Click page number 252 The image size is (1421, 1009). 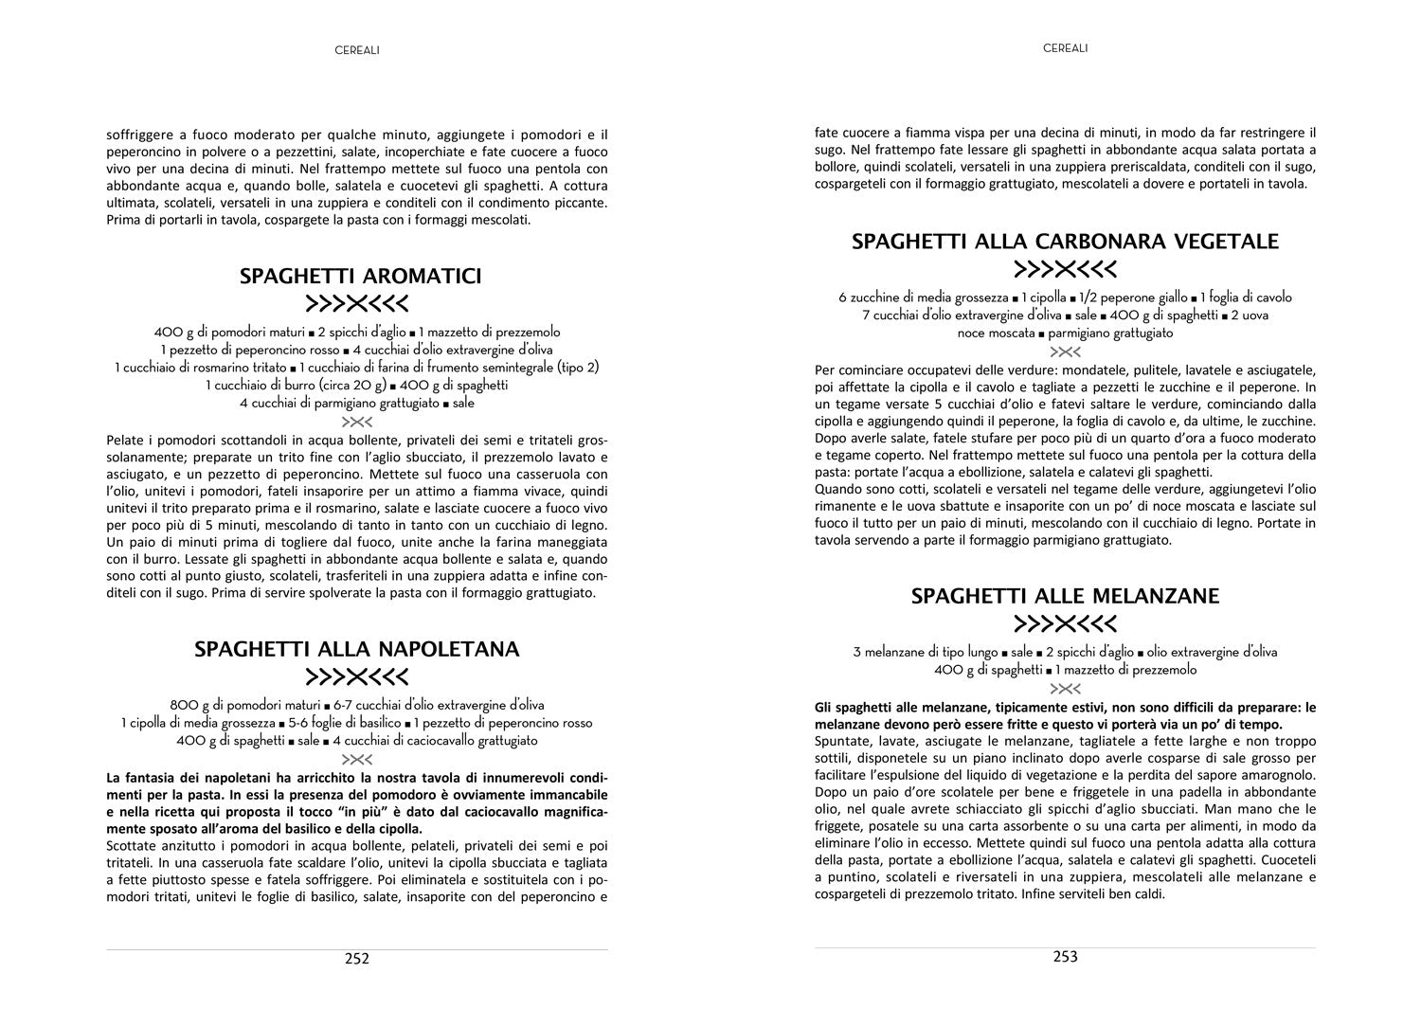(x=356, y=958)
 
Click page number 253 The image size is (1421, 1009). (x=1066, y=956)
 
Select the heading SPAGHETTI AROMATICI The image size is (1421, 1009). (x=360, y=276)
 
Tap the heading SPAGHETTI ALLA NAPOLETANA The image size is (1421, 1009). (x=357, y=649)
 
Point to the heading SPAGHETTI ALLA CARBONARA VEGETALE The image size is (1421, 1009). (x=1065, y=241)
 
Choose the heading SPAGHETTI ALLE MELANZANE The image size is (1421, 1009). (x=1065, y=596)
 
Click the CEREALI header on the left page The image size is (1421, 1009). (x=357, y=50)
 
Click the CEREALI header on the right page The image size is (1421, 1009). (x=1065, y=47)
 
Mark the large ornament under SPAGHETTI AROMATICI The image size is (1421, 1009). (x=357, y=304)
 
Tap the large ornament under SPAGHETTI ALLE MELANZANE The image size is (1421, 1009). (x=1065, y=624)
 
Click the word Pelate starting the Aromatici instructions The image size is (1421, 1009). (x=125, y=440)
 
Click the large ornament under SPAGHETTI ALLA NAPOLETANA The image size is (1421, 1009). (x=357, y=677)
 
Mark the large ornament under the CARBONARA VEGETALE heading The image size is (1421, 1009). (x=1065, y=269)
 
